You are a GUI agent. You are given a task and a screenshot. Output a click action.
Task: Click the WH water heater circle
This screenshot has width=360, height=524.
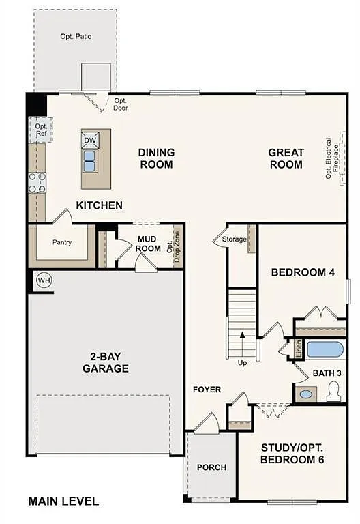pyautogui.click(x=44, y=280)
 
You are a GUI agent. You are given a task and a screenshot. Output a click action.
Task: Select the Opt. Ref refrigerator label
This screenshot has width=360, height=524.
pyautogui.click(x=41, y=130)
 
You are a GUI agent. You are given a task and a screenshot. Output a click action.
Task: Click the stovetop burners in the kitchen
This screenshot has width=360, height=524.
pyautogui.click(x=37, y=182)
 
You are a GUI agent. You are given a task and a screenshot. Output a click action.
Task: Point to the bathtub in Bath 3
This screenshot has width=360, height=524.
pyautogui.click(x=325, y=350)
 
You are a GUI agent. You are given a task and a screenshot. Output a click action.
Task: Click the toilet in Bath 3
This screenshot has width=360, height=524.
pyautogui.click(x=333, y=391)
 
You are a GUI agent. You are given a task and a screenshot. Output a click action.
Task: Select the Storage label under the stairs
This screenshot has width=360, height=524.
pyautogui.click(x=234, y=239)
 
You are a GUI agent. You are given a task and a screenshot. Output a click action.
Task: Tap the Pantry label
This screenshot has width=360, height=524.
pyautogui.click(x=62, y=242)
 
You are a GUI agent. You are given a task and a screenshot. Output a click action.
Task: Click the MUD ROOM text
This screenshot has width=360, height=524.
pyautogui.click(x=148, y=244)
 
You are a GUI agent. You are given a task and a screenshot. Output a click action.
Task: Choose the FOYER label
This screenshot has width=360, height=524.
pyautogui.click(x=207, y=390)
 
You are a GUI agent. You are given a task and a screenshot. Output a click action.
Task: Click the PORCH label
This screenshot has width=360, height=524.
pyautogui.click(x=211, y=467)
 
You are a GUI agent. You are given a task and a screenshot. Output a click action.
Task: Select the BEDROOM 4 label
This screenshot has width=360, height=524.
pyautogui.click(x=303, y=272)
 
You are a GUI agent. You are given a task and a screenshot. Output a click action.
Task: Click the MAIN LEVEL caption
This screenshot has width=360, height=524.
pyautogui.click(x=63, y=501)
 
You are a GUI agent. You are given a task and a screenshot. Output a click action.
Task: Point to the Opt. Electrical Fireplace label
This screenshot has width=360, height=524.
pyautogui.click(x=332, y=158)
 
